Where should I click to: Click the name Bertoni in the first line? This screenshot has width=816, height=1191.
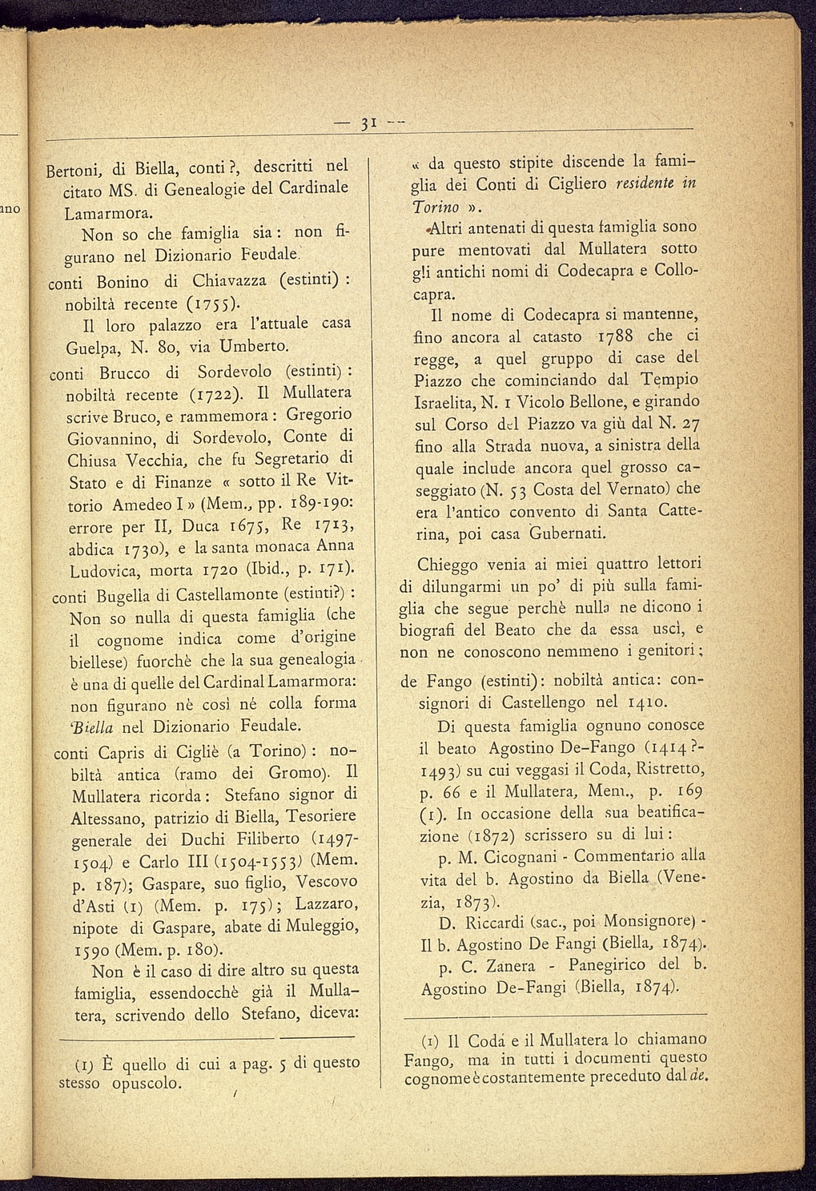71,170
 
